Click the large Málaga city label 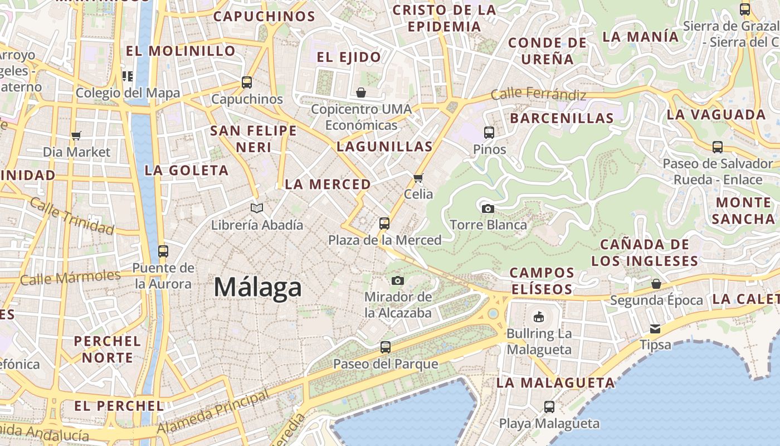[x=258, y=288]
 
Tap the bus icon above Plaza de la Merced [x=384, y=224]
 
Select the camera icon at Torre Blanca [x=488, y=209]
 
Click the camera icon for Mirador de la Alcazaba [x=397, y=280]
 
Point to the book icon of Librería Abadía [x=257, y=209]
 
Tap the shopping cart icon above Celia [x=418, y=178]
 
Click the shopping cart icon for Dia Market [x=76, y=135]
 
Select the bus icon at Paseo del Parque [x=385, y=347]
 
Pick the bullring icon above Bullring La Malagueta [x=539, y=317]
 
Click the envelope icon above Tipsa [x=655, y=329]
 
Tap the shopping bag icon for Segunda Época [x=656, y=284]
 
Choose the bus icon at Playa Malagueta [x=549, y=407]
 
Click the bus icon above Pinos [x=489, y=133]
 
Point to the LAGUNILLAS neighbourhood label [x=384, y=147]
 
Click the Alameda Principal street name [x=213, y=413]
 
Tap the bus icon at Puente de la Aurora [x=163, y=251]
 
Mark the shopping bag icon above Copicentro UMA [x=361, y=93]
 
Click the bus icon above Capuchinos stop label [x=247, y=83]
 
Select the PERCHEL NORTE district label [x=107, y=349]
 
